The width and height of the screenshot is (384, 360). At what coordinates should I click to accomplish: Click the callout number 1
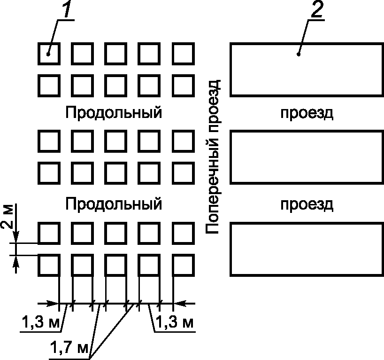(x=67, y=10)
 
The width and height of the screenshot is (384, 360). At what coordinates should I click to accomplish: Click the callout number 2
(x=316, y=10)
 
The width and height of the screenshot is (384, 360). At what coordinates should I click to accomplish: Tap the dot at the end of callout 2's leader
(x=299, y=55)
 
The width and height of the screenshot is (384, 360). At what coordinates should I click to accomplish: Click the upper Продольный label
(x=114, y=113)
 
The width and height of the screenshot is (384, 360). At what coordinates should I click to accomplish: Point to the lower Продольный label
(x=114, y=204)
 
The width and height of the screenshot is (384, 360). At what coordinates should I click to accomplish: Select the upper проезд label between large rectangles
(x=307, y=113)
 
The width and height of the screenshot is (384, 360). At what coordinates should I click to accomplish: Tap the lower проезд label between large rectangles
(x=307, y=204)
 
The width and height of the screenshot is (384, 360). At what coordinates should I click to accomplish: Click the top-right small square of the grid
(x=183, y=54)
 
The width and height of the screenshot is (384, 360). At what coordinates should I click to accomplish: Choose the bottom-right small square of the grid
(x=183, y=266)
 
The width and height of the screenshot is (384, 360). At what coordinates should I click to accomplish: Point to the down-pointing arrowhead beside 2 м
(x=17, y=239)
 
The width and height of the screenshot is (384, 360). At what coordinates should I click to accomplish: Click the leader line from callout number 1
(x=54, y=35)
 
